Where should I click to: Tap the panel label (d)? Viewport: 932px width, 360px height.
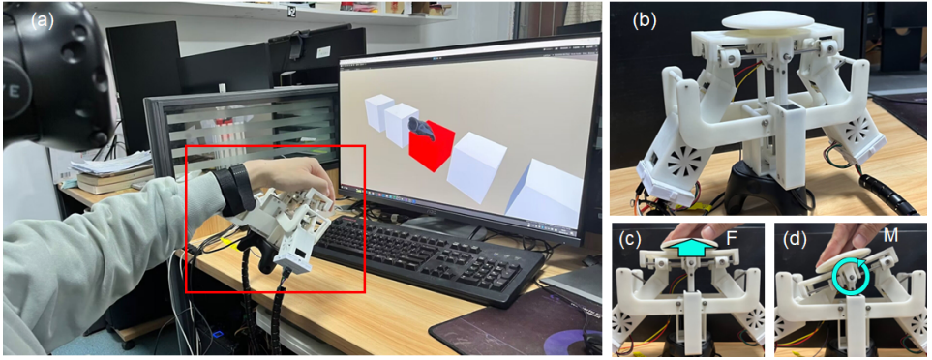point(795,239)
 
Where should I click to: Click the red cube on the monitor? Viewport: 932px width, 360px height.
point(432,146)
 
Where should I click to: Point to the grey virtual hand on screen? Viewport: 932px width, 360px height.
point(422,128)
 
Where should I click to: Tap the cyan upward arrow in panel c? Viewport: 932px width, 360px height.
point(688,247)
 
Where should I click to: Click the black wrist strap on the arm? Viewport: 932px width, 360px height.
point(232,189)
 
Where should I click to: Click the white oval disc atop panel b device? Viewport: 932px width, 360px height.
point(762,19)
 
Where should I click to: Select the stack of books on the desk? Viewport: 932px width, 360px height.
point(111,179)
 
